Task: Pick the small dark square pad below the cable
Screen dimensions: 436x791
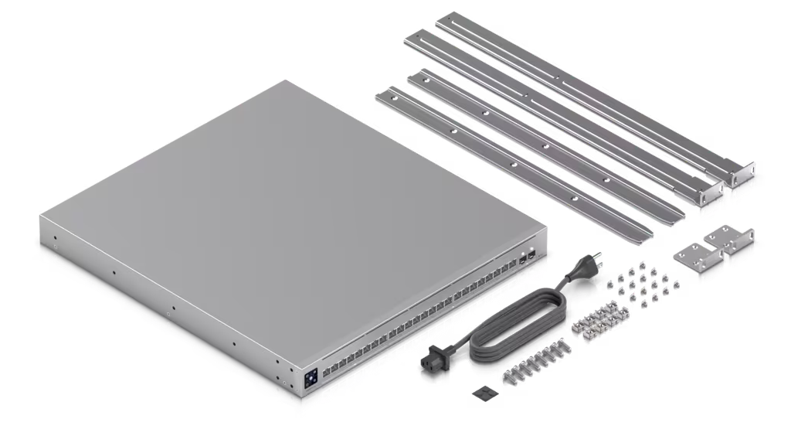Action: point(484,392)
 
